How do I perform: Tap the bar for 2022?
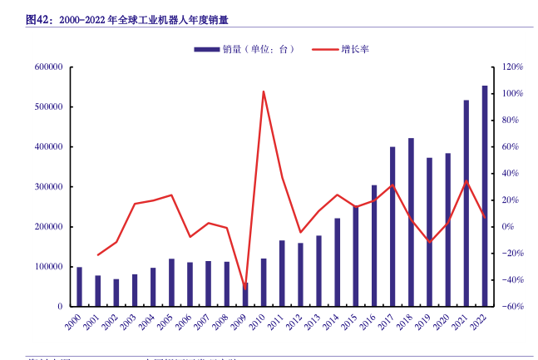485,196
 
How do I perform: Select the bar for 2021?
466,204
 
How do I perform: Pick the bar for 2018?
411,222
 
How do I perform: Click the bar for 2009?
245,295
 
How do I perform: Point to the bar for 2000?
80,287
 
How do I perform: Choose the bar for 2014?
337,262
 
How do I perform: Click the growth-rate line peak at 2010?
264,91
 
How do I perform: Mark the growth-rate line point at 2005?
171,195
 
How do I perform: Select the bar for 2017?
392,227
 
